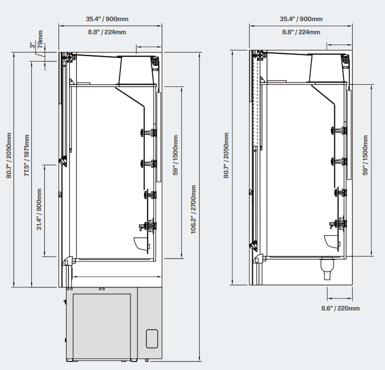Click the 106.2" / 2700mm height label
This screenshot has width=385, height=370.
point(194,209)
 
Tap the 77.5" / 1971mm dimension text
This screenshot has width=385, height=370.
point(27,155)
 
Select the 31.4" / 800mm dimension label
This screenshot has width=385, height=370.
point(39,209)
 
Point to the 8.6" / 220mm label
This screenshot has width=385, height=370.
point(340,309)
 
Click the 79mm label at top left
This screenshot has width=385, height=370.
point(40,39)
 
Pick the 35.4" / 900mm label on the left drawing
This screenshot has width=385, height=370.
point(107,19)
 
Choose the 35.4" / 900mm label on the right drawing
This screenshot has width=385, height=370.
point(301,19)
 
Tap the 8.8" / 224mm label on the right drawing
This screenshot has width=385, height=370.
point(301,32)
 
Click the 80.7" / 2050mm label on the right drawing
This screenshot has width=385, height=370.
point(226,155)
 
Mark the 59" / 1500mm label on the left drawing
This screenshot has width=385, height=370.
point(175,155)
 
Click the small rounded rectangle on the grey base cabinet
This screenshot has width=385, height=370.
point(152,339)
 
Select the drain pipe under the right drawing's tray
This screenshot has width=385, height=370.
point(328,269)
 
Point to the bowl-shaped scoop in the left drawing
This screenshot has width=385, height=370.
point(141,244)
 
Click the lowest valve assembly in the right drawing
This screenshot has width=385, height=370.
point(338,224)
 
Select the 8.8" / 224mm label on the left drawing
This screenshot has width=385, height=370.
point(107,32)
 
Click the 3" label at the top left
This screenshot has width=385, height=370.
point(32,45)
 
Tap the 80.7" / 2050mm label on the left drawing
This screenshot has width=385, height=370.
point(9,155)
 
